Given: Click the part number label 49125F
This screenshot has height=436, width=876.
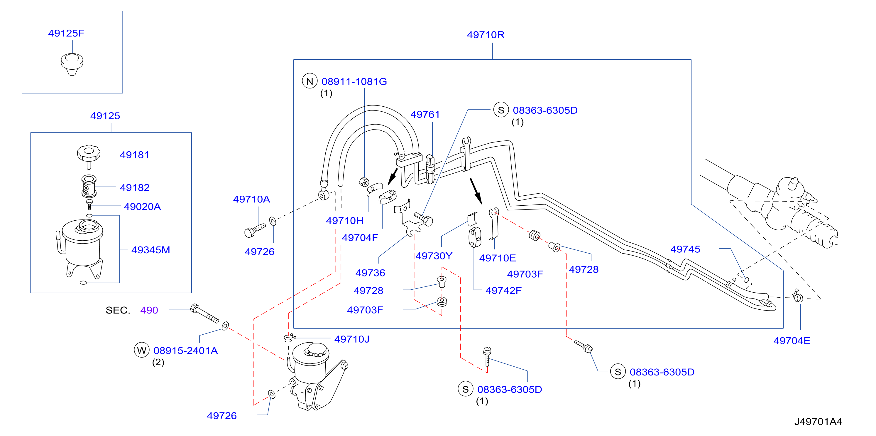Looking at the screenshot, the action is (66, 33).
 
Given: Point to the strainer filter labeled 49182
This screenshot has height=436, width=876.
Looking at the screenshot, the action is (89, 186).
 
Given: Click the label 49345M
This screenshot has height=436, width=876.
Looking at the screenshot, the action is (151, 250).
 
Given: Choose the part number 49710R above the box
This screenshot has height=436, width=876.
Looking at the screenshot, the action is (486, 35).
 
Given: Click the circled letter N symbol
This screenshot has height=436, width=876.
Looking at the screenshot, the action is (310, 81).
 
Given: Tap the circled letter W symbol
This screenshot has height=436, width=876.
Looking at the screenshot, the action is (141, 350).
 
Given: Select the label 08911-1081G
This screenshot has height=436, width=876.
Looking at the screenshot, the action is (354, 82).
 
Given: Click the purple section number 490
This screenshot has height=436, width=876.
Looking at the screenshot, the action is (149, 310).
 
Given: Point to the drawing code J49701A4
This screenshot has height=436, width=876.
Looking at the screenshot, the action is (818, 422).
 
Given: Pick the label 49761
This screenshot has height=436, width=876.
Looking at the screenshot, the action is (425, 115).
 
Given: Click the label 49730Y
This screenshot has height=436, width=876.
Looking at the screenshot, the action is (434, 256).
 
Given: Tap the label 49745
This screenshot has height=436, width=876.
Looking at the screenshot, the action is (685, 249).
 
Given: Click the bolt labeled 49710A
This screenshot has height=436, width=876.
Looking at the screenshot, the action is (255, 231).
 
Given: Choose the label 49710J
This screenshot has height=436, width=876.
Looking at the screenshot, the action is (352, 339).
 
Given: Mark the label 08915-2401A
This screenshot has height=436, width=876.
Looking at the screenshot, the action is (186, 351).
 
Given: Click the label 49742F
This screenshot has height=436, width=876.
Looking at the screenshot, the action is (503, 291).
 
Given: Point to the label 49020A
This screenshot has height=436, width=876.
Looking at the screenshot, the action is (142, 207).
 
